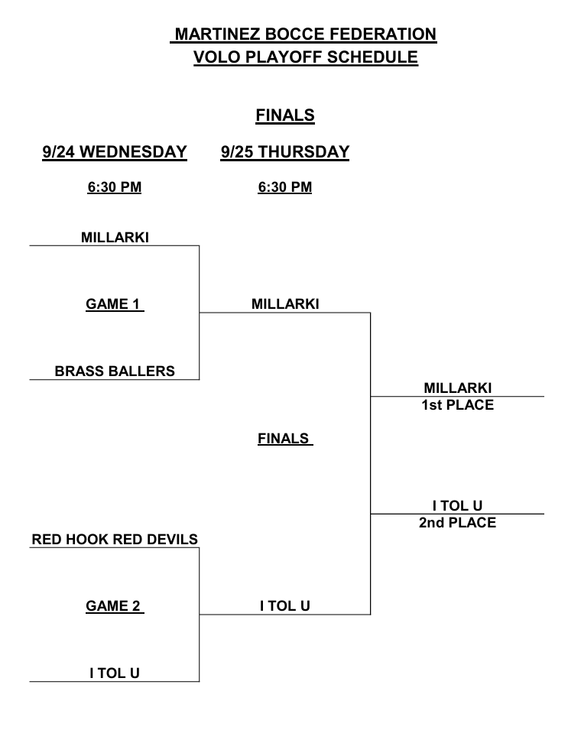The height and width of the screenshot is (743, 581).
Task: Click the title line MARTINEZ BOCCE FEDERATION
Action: [x=306, y=34]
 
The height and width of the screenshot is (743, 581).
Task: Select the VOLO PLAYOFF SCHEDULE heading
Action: [x=306, y=57]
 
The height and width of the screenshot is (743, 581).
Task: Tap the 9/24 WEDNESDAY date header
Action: [x=115, y=152]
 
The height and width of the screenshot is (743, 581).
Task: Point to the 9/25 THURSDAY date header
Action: [x=285, y=152]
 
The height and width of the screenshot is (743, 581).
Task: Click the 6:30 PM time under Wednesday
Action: [x=115, y=187]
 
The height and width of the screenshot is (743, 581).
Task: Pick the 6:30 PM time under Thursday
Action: [x=285, y=187]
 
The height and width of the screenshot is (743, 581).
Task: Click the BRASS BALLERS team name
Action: [x=115, y=371]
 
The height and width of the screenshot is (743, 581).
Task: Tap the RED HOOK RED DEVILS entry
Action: [x=115, y=540]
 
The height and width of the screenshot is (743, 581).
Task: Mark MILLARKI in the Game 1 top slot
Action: [x=115, y=237]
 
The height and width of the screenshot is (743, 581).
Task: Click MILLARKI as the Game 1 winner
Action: [x=285, y=304]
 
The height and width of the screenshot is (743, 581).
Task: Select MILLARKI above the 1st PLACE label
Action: [x=457, y=388]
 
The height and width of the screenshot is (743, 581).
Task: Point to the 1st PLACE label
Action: [x=457, y=405]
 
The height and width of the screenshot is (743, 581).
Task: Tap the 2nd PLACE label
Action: [x=457, y=523]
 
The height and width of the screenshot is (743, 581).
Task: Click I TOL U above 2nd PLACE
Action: [x=457, y=505]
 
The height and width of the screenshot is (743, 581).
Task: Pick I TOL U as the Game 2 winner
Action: [x=285, y=606]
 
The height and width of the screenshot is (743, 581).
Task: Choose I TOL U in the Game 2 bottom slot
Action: [x=115, y=673]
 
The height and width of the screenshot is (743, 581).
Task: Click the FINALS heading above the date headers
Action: [x=285, y=115]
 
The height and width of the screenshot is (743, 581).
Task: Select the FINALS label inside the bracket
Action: [x=284, y=439]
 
